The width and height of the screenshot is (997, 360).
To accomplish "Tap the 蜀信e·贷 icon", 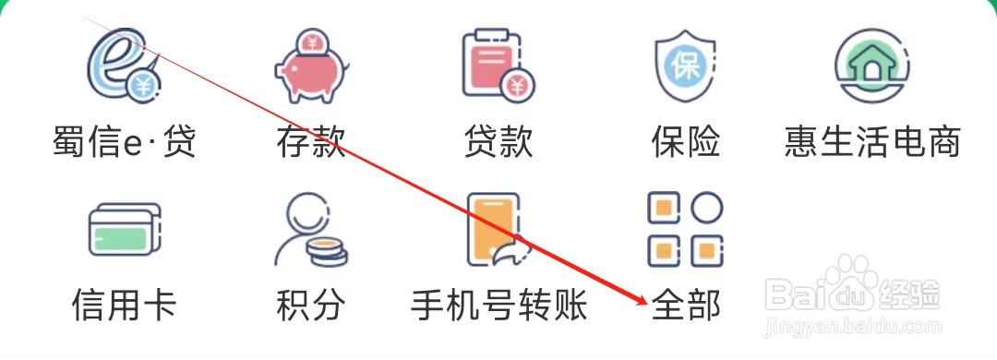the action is pyautogui.click(x=124, y=65).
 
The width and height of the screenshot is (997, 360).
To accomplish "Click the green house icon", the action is pyautogui.click(x=872, y=65).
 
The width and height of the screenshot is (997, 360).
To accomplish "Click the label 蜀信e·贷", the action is pyautogui.click(x=124, y=142).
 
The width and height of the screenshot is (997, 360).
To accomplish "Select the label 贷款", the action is pyautogui.click(x=498, y=142).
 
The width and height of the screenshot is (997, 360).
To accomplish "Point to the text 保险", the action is pyautogui.click(x=685, y=142).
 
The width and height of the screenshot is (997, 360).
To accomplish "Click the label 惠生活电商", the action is pyautogui.click(x=872, y=142).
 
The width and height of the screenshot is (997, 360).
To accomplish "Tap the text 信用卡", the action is pyautogui.click(x=124, y=304).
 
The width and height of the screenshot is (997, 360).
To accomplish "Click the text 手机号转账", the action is pyautogui.click(x=498, y=304).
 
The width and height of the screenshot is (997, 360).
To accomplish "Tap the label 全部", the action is pyautogui.click(x=685, y=304).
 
